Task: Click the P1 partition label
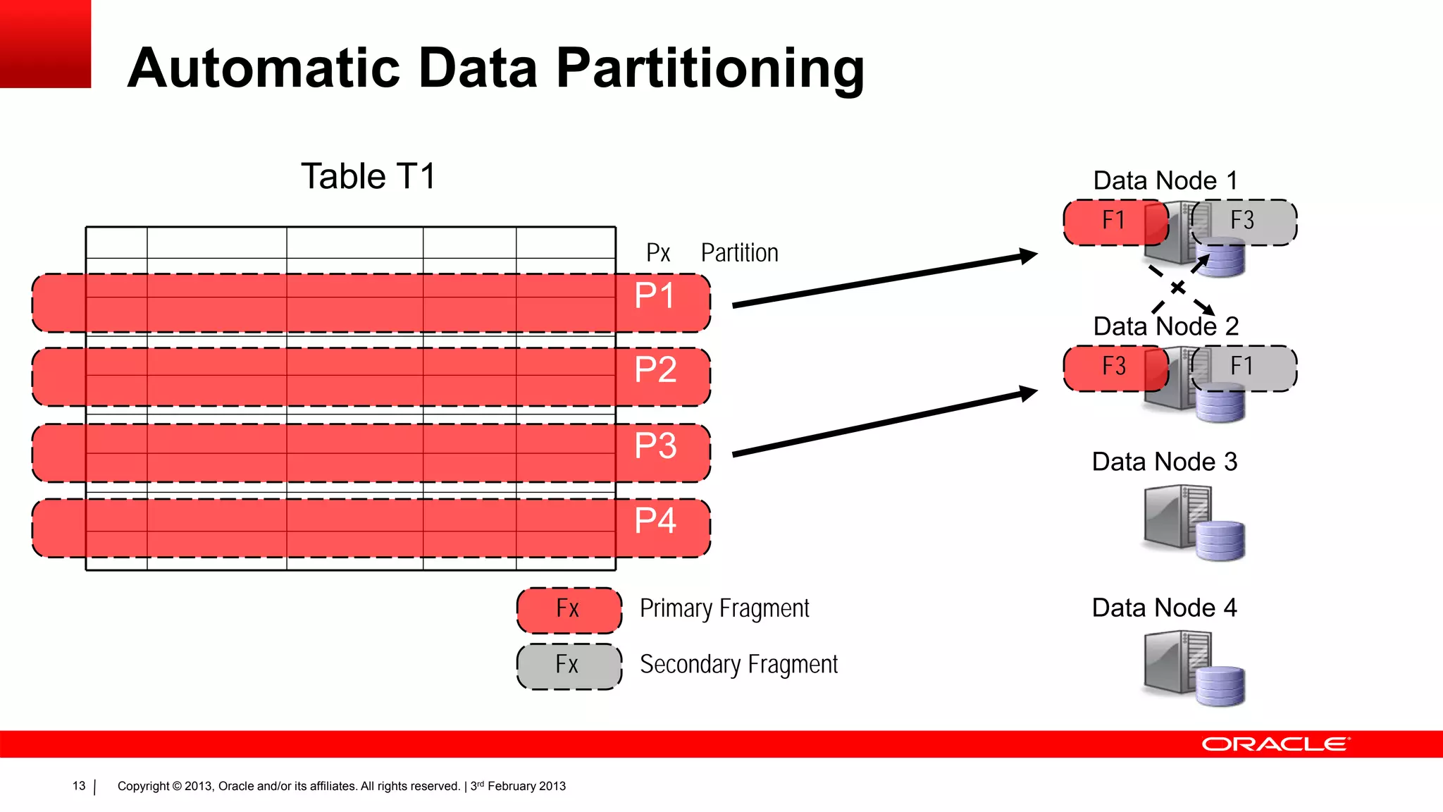(x=655, y=296)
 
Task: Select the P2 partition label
(x=655, y=370)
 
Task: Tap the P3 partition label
(x=655, y=446)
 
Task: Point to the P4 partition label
(x=655, y=522)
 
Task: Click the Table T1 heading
(x=369, y=176)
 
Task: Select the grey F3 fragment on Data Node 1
(x=1244, y=221)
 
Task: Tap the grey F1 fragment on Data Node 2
(x=1244, y=367)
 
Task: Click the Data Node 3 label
(x=1164, y=462)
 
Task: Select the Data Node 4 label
(x=1164, y=608)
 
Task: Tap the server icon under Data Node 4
(x=1192, y=668)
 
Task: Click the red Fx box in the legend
(x=569, y=610)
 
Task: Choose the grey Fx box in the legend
(x=569, y=665)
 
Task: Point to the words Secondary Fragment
(x=738, y=665)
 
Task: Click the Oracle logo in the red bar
(x=1275, y=744)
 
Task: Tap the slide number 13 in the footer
(x=79, y=786)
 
